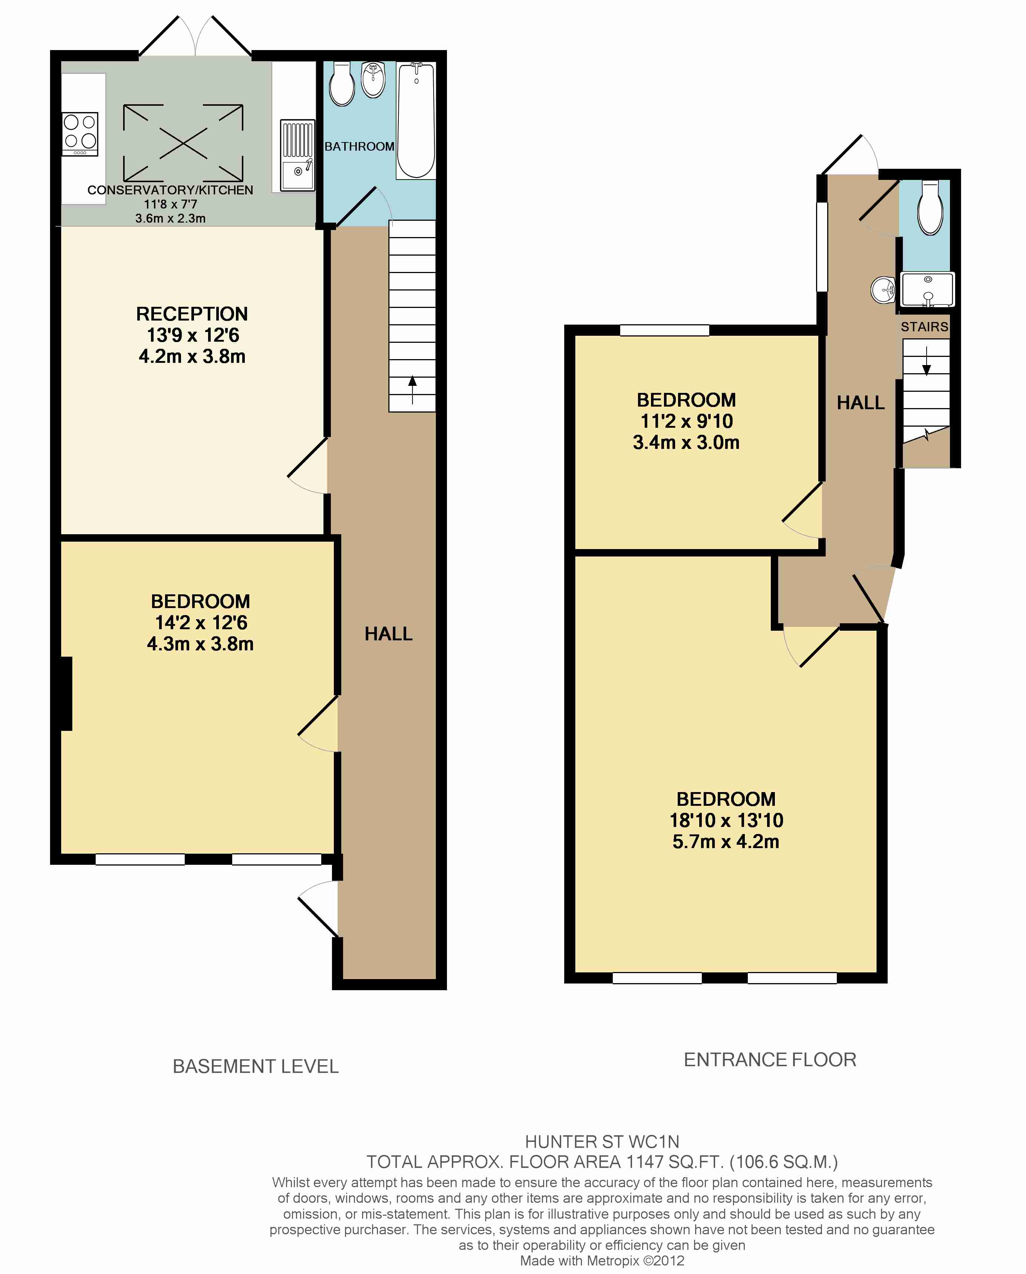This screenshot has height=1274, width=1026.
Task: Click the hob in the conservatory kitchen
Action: pos(80,134)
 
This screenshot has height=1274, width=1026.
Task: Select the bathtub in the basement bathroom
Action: pos(416,120)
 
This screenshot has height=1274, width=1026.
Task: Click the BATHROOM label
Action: pos(359,147)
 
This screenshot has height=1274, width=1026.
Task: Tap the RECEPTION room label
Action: pos(192,314)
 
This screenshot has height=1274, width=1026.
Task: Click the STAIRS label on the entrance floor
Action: pos(924,327)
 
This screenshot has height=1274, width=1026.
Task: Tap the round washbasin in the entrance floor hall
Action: pos(883,290)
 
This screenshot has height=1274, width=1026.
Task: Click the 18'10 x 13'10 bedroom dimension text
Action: pos(726,821)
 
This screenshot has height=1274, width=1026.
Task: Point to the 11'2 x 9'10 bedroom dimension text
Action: pos(687,421)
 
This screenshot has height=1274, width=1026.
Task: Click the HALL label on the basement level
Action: pos(388,634)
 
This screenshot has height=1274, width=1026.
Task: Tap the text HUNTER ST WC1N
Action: pos(602,1142)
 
